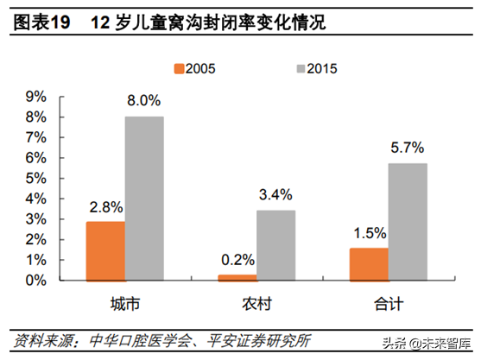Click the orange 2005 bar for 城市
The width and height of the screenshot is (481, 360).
click(x=105, y=251)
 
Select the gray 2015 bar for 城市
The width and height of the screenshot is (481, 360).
click(x=144, y=199)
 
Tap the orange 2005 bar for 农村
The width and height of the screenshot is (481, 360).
click(x=237, y=278)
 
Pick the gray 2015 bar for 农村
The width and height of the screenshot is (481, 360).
click(x=276, y=245)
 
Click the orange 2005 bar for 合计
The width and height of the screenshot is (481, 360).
click(x=369, y=264)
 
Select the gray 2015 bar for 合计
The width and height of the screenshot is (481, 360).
click(x=408, y=222)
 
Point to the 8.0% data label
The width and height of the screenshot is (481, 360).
click(x=144, y=101)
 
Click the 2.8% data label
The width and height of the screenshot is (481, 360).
click(x=106, y=207)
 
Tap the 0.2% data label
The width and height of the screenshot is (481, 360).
click(x=238, y=260)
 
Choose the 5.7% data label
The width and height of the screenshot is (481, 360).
click(x=408, y=148)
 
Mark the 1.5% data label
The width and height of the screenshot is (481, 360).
click(x=370, y=233)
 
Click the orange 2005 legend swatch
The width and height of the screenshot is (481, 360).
click(x=179, y=69)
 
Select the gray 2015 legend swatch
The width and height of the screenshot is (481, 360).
click(x=301, y=69)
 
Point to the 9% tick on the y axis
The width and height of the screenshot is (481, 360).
click(x=36, y=97)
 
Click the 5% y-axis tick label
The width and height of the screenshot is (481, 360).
click(x=36, y=179)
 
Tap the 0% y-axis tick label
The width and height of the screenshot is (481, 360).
click(x=36, y=281)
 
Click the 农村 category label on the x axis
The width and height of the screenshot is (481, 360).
click(x=257, y=304)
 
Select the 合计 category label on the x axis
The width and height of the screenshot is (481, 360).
click(x=389, y=304)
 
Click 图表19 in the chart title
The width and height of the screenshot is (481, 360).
click(x=42, y=22)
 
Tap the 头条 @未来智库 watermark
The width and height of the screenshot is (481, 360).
click(x=427, y=343)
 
